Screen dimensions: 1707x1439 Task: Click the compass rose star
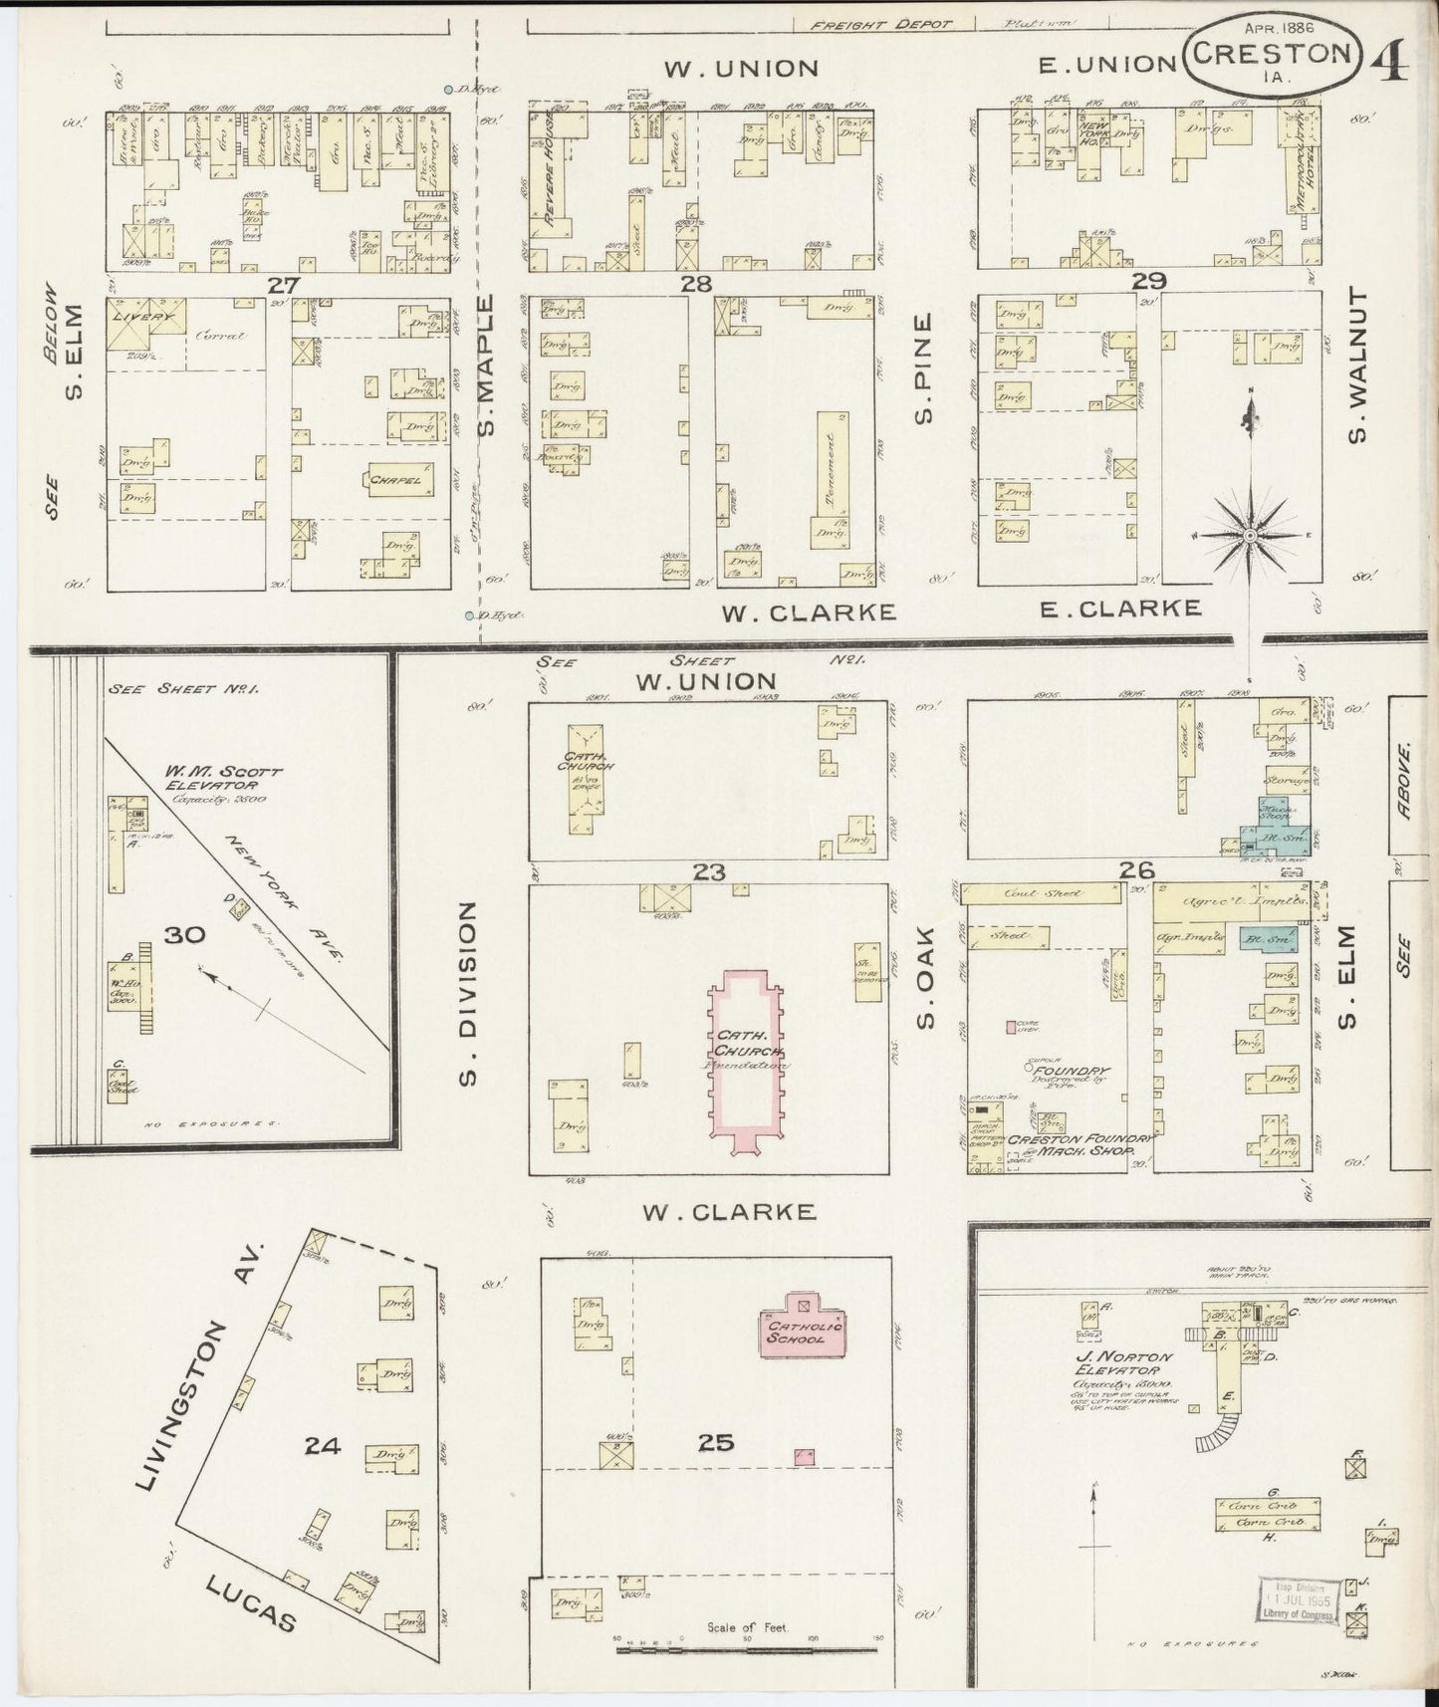tap(1247, 536)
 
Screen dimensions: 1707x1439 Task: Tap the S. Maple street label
tap(486, 366)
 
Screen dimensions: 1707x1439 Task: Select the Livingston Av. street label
tap(200, 1366)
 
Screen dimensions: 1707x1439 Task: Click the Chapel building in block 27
tap(397, 480)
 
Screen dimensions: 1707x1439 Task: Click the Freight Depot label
tap(880, 24)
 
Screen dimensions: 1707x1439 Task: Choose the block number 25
tap(716, 1441)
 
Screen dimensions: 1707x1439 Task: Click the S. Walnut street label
tap(1358, 365)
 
